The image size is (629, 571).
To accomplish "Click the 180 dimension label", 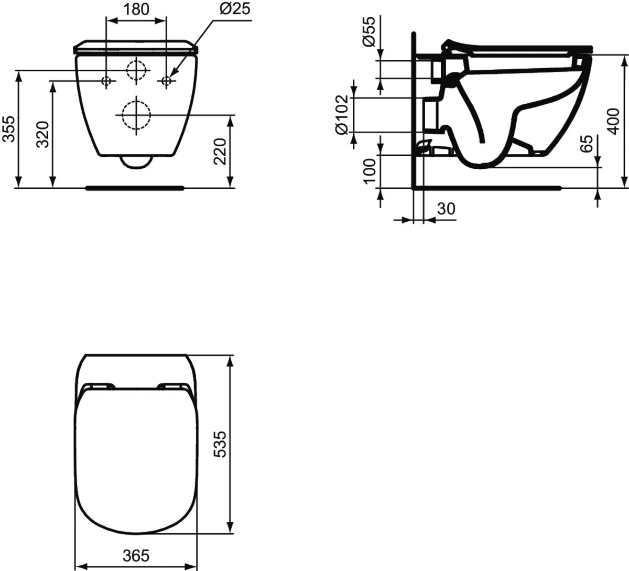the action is click(x=136, y=9).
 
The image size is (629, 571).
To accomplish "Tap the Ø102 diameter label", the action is click(x=342, y=114).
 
